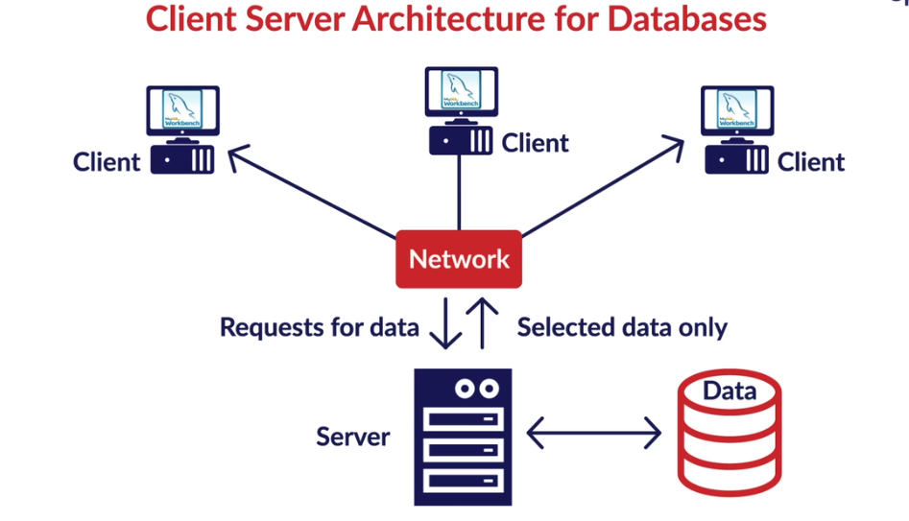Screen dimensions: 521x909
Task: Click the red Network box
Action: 459,259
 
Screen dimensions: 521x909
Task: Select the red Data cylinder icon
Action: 730,433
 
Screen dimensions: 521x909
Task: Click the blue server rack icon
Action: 463,438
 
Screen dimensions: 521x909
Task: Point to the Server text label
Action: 352,438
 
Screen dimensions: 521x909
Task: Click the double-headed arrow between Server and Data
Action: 594,434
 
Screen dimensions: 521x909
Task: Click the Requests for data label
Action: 319,328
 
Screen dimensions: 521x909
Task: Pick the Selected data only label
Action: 622,328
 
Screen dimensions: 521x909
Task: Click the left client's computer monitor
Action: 182,111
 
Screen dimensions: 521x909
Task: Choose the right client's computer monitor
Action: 737,111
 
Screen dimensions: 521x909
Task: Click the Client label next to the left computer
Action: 107,161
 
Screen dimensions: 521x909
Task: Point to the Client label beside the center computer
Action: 535,143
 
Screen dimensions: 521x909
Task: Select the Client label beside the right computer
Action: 811,161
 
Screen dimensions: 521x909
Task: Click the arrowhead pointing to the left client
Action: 236,155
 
